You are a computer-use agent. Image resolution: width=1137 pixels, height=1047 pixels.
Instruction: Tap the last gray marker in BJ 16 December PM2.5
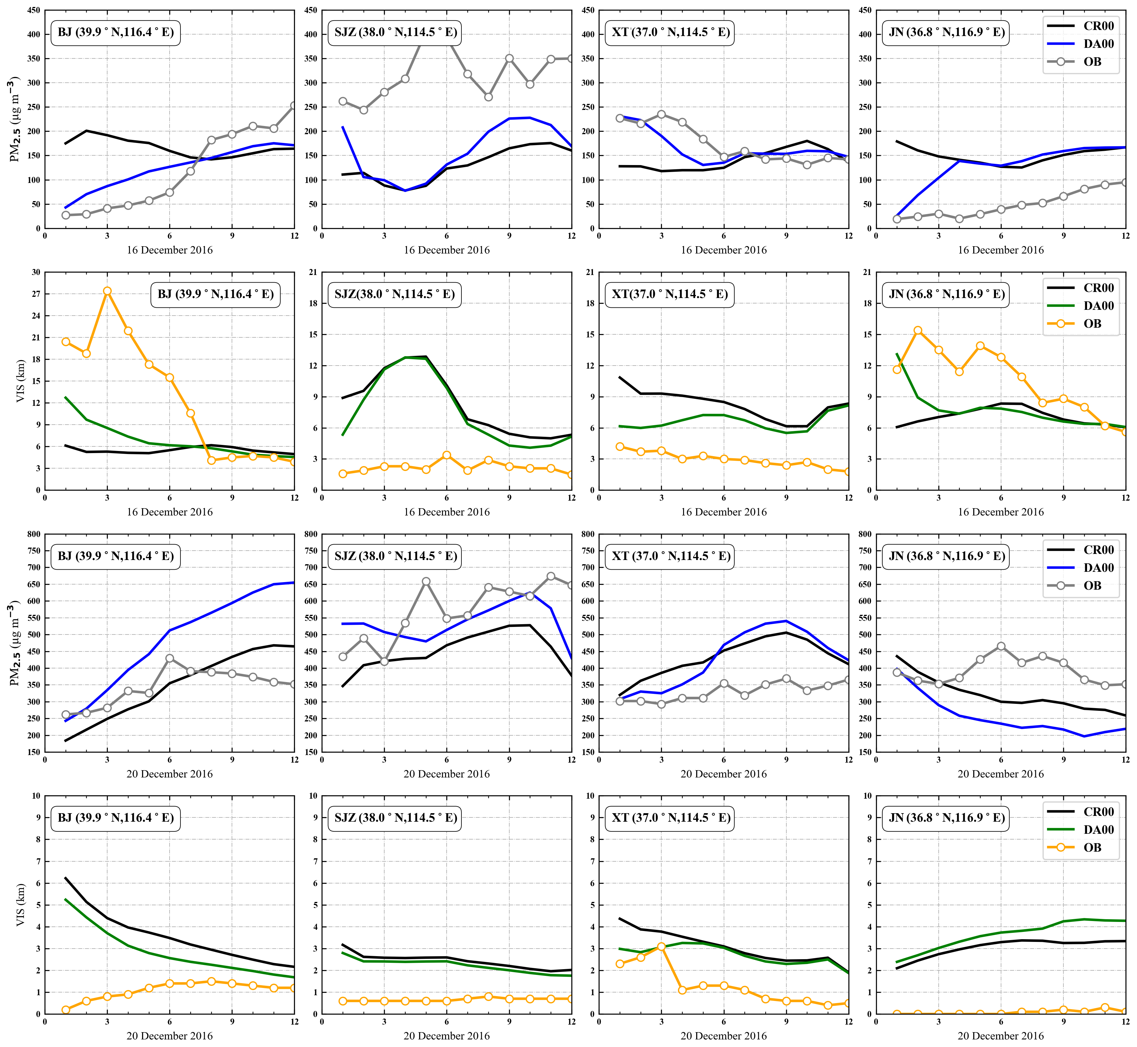point(294,106)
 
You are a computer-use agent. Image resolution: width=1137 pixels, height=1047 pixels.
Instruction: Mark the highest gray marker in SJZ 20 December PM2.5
point(551,576)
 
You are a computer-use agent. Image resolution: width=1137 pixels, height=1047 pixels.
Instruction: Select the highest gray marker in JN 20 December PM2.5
point(1001,646)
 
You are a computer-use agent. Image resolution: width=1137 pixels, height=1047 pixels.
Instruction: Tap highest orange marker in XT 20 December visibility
point(661,947)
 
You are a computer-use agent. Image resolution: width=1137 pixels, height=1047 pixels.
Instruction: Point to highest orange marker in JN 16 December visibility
point(918,330)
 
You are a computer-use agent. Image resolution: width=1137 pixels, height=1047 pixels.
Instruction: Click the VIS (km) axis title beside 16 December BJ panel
point(21,381)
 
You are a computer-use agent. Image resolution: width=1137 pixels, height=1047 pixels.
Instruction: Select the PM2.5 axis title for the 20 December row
point(14,644)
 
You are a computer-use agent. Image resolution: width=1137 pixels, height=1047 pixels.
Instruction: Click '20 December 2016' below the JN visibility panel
point(1000,1036)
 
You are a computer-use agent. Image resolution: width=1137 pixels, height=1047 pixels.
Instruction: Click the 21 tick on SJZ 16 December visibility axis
point(313,272)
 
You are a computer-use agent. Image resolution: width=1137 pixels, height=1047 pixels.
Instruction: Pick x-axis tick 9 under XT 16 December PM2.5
point(786,236)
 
